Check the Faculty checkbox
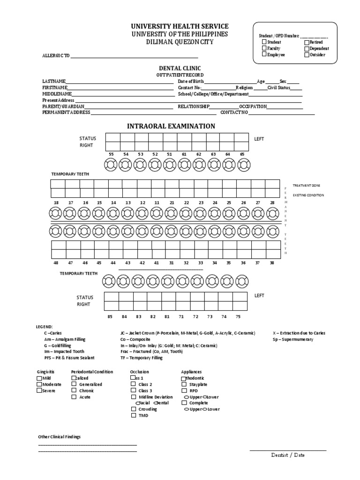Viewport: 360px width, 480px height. click(x=264, y=48)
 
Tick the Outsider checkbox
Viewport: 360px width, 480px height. click(x=307, y=55)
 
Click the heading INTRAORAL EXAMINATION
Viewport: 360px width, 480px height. click(x=171, y=126)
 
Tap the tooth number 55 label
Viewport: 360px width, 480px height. click(x=111, y=154)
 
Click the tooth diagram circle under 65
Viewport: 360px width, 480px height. click(x=244, y=165)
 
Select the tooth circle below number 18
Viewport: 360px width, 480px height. click(x=56, y=213)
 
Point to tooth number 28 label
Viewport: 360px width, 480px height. click(x=272, y=202)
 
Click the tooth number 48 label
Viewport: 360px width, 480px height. click(x=56, y=263)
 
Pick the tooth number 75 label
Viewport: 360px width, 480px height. click(x=238, y=317)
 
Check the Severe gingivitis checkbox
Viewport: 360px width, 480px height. click(x=39, y=390)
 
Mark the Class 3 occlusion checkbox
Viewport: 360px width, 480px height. click(x=134, y=390)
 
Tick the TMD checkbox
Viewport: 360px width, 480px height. click(x=134, y=415)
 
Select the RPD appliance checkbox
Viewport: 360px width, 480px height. click(x=184, y=390)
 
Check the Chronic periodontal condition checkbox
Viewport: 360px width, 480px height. click(x=74, y=390)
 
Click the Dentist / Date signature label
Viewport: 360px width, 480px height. click(x=288, y=455)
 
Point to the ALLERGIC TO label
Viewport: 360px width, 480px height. click(x=56, y=56)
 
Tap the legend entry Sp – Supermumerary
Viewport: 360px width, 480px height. click(x=293, y=339)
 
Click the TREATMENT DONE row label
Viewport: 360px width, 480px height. click(x=306, y=186)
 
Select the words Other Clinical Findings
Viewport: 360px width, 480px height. click(x=59, y=436)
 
